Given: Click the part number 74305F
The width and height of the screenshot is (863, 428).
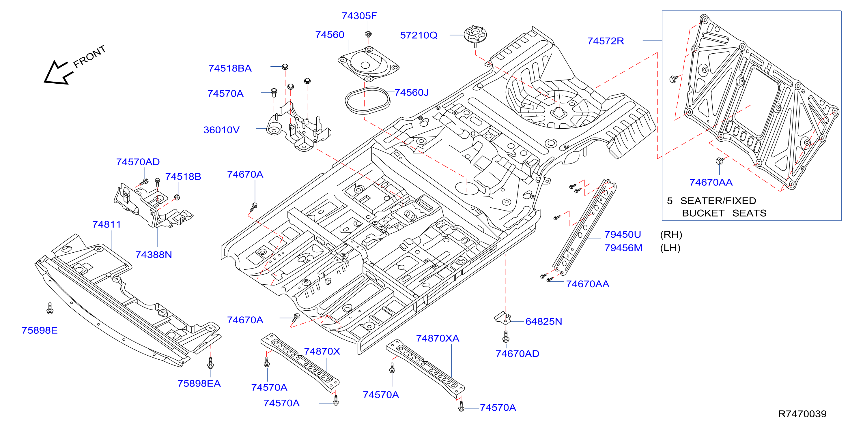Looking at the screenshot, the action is point(359,16).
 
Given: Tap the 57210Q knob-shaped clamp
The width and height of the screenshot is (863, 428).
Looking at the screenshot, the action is point(475,35).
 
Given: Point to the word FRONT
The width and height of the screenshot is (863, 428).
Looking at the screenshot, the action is point(89,56).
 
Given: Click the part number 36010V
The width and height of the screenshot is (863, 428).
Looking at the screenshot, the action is point(221,130).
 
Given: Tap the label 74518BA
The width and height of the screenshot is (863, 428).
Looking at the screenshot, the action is point(230,68).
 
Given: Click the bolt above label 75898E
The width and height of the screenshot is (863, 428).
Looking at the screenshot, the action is point(50,308).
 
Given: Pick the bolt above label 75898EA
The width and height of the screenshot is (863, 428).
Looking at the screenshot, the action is point(210,363).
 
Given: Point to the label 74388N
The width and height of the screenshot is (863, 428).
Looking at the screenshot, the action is point(154,255).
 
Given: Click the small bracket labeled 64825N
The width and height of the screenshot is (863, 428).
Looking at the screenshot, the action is point(503,317).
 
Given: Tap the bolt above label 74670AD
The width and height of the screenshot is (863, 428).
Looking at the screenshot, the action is point(506,337).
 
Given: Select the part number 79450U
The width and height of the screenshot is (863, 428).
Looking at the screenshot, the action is point(623,234).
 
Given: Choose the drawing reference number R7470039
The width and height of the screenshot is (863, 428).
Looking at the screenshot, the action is point(802,414).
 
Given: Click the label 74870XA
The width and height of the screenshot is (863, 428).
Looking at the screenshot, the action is point(438,338).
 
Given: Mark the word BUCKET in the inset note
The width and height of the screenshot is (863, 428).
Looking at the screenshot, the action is point(703,213).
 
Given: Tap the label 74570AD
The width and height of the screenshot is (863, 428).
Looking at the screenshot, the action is point(138,162).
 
